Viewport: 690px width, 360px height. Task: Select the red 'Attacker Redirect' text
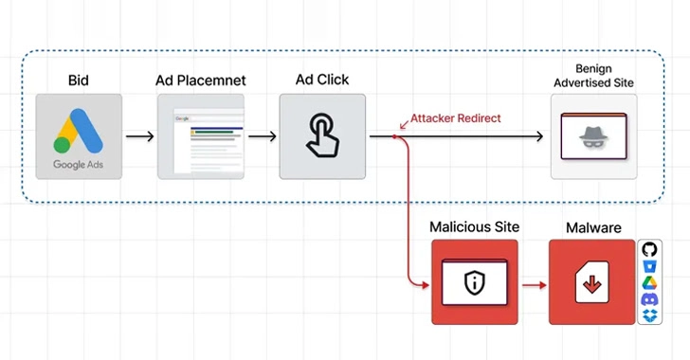(455, 118)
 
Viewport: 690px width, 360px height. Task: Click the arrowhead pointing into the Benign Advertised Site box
(538, 137)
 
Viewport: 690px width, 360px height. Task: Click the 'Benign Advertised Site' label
(594, 77)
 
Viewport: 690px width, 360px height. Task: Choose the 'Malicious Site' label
(474, 227)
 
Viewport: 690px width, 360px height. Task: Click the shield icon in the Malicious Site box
(474, 281)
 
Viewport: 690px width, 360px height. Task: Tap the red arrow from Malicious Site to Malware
(533, 282)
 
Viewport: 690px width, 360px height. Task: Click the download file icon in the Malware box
(592, 282)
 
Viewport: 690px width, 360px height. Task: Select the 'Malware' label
(592, 227)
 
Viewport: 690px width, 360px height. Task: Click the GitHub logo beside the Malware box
(649, 249)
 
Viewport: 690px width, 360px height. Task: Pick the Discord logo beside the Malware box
(649, 299)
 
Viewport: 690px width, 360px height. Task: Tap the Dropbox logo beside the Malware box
(649, 315)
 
